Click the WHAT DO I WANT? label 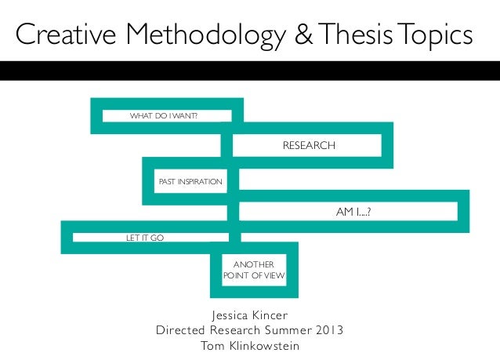(163, 117)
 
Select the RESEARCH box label (309, 146)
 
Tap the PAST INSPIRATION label (190, 182)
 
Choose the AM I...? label (347, 211)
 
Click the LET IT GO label (145, 237)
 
